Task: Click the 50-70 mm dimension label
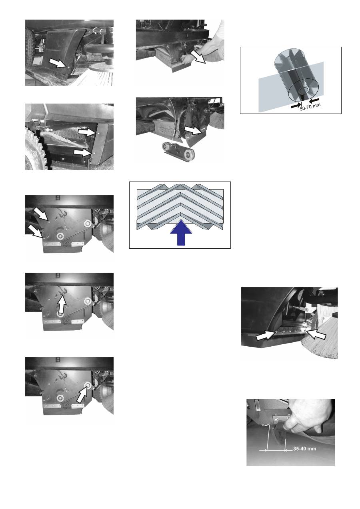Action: pos(310,107)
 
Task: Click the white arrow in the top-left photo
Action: pos(58,62)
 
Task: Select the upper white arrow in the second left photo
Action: pos(86,132)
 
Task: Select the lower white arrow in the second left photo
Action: pos(82,152)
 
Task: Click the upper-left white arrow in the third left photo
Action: pos(41,214)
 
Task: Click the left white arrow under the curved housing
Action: pos(266,336)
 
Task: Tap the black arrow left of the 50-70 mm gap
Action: pos(296,106)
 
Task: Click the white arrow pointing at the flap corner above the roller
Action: pos(193,131)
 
